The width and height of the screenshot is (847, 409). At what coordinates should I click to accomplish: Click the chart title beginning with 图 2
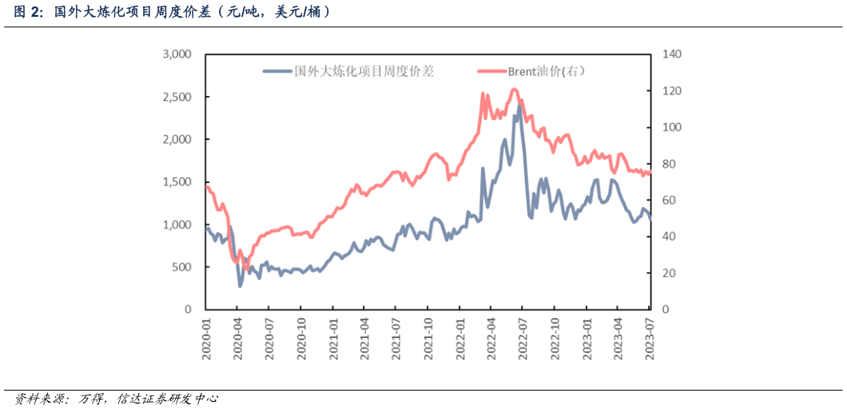172,12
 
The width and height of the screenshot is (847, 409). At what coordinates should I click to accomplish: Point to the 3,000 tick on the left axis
177,54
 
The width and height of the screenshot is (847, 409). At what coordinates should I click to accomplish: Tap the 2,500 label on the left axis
177,97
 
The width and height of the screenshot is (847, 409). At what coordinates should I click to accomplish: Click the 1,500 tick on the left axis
177,182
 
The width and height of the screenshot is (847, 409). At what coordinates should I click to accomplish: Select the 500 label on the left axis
182,267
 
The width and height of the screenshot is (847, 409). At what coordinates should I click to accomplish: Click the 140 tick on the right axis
670,54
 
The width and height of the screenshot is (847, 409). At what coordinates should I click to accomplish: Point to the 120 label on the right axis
670,91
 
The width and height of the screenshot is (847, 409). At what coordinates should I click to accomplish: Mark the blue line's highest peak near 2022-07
519,105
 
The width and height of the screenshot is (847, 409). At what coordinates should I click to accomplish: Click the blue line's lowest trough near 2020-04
240,286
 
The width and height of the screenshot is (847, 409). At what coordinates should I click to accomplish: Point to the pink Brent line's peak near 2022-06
514,89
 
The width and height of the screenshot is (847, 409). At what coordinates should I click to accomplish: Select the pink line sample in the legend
491,71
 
